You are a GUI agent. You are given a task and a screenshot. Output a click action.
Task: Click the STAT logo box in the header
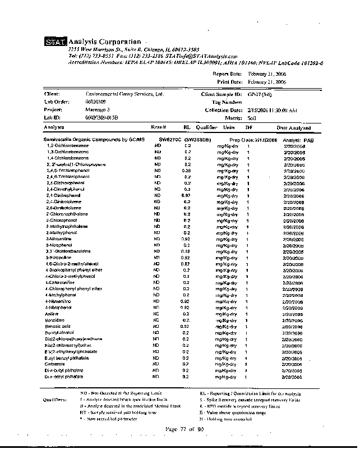pyautogui.click(x=56, y=42)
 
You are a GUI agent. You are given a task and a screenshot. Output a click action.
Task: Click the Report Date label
pyautogui.click(x=227, y=74)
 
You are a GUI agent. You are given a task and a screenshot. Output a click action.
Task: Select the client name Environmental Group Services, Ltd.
pyautogui.click(x=124, y=94)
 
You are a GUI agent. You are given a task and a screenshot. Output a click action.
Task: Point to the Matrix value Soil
pyautogui.click(x=252, y=118)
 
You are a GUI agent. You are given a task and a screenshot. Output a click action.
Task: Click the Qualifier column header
pyautogui.click(x=206, y=127)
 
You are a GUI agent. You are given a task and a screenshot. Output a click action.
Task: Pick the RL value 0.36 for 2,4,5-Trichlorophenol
pyautogui.click(x=187, y=170)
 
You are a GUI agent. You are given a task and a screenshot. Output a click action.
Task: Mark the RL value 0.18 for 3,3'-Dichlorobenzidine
pyautogui.click(x=187, y=251)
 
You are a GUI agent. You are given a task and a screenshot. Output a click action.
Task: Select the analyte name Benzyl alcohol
pyautogui.click(x=61, y=332)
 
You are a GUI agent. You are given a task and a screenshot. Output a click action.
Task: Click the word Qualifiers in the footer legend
pyautogui.click(x=56, y=400)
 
